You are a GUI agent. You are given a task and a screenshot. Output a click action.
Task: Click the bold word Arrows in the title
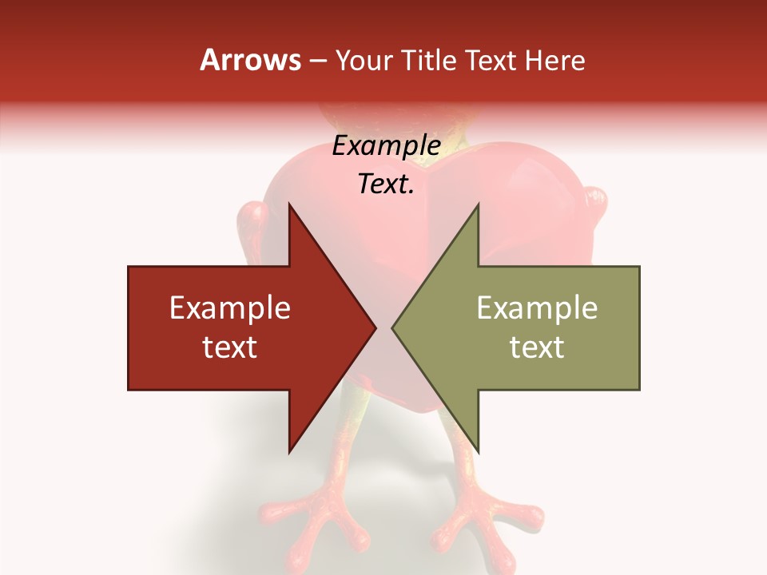click(x=251, y=60)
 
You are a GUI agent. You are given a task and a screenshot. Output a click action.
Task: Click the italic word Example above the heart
click(x=386, y=146)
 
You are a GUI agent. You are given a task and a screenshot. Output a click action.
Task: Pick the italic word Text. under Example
click(x=386, y=184)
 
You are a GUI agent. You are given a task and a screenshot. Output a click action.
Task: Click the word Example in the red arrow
click(x=230, y=307)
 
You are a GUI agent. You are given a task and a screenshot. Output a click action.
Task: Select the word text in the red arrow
click(x=230, y=347)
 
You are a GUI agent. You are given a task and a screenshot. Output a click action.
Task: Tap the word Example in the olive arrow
click(x=537, y=307)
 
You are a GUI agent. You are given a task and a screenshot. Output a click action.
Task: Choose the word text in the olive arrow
click(x=537, y=347)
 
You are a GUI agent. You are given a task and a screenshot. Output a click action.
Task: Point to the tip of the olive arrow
click(x=393, y=327)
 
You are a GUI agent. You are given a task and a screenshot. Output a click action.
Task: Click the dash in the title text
click(x=317, y=61)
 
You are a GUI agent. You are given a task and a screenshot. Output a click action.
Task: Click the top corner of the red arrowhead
click(x=289, y=204)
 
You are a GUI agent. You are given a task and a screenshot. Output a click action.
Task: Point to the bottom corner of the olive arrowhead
click(x=478, y=451)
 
